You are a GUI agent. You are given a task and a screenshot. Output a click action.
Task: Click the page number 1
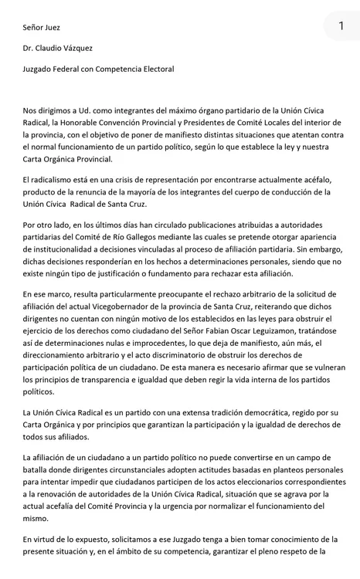click(341, 26)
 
